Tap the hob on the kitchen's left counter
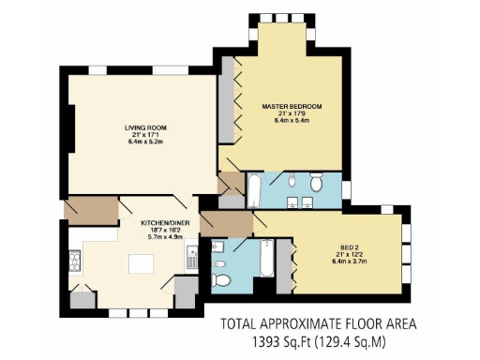tap(75, 260)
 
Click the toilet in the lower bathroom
tap(221, 279)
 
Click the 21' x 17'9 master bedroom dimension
tap(285, 114)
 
